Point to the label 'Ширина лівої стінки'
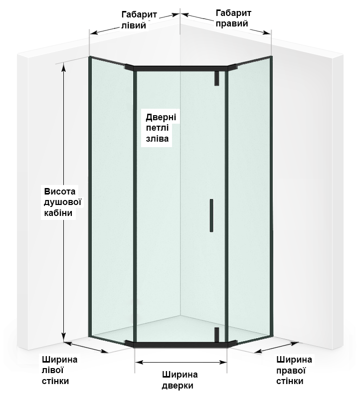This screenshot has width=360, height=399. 59,370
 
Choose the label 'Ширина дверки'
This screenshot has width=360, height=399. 180,380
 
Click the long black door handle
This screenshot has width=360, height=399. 211,215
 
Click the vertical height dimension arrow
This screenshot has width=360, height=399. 64,199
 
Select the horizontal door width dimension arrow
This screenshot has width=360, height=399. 180,364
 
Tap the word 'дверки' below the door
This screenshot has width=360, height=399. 178,385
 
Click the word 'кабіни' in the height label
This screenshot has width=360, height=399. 59,213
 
